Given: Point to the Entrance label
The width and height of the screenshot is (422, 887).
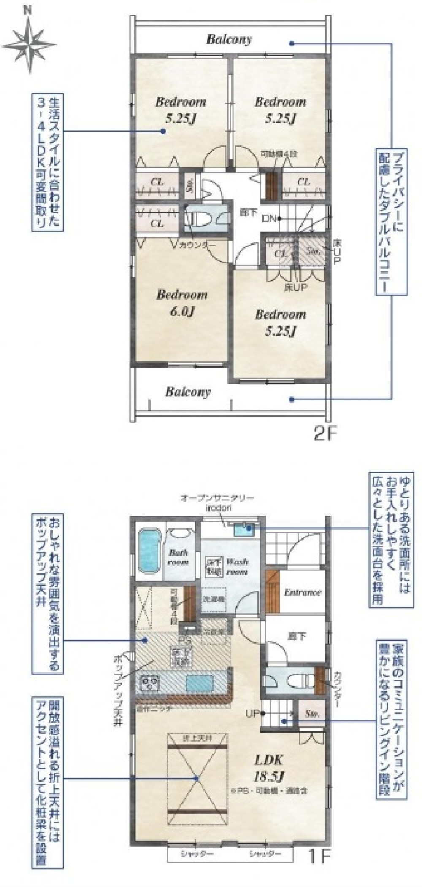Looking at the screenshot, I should (x=302, y=592).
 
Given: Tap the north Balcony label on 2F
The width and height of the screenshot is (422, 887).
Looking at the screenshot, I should (x=229, y=39).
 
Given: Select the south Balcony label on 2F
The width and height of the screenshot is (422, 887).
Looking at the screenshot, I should (x=187, y=392).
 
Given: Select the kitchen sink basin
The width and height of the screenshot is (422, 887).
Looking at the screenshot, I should (x=200, y=682).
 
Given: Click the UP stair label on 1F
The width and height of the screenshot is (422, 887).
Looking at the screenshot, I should (x=252, y=713).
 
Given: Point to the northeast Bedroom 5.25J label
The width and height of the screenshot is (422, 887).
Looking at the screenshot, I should (x=280, y=110).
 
